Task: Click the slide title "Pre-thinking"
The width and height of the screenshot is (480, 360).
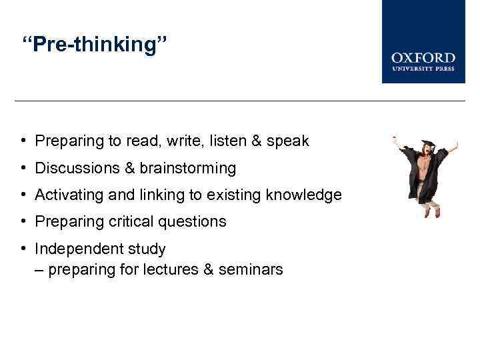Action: pyautogui.click(x=95, y=46)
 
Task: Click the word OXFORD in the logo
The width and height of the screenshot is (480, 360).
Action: pyautogui.click(x=423, y=58)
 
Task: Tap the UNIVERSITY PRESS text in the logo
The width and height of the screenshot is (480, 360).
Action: pyautogui.click(x=423, y=69)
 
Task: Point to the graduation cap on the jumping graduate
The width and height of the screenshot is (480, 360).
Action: pyautogui.click(x=426, y=145)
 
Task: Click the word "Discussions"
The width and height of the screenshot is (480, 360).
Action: pyautogui.click(x=76, y=168)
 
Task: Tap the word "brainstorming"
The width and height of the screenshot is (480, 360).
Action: pyautogui.click(x=187, y=168)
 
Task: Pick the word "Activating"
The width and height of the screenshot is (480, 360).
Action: pyautogui.click(x=67, y=195)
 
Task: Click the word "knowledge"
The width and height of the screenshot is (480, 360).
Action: pyautogui.click(x=303, y=195)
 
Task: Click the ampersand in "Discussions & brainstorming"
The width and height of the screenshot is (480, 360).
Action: pyautogui.click(x=129, y=168)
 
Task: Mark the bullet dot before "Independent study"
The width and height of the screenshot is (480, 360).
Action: pyautogui.click(x=23, y=249)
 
